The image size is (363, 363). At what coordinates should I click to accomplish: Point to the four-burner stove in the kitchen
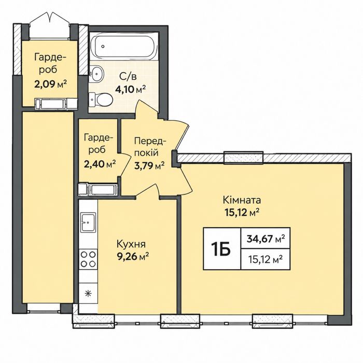(88, 259)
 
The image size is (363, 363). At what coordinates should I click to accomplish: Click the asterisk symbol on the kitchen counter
(88, 294)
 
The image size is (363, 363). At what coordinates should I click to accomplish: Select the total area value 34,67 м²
(266, 239)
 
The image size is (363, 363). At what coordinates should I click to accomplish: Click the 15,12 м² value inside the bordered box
(266, 260)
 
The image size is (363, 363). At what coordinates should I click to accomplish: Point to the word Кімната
(242, 200)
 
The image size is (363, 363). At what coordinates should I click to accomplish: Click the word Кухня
(131, 244)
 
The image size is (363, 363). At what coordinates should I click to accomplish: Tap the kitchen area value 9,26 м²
(133, 257)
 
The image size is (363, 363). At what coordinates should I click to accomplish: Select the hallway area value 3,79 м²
(149, 165)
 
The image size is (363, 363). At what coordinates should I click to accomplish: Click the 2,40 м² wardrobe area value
(100, 164)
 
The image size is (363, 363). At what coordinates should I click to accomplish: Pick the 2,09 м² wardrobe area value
(50, 84)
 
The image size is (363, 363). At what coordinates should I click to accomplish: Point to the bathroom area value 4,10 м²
(131, 89)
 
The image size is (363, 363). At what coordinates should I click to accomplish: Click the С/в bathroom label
(128, 76)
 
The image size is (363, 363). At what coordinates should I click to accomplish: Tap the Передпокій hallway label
(150, 147)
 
